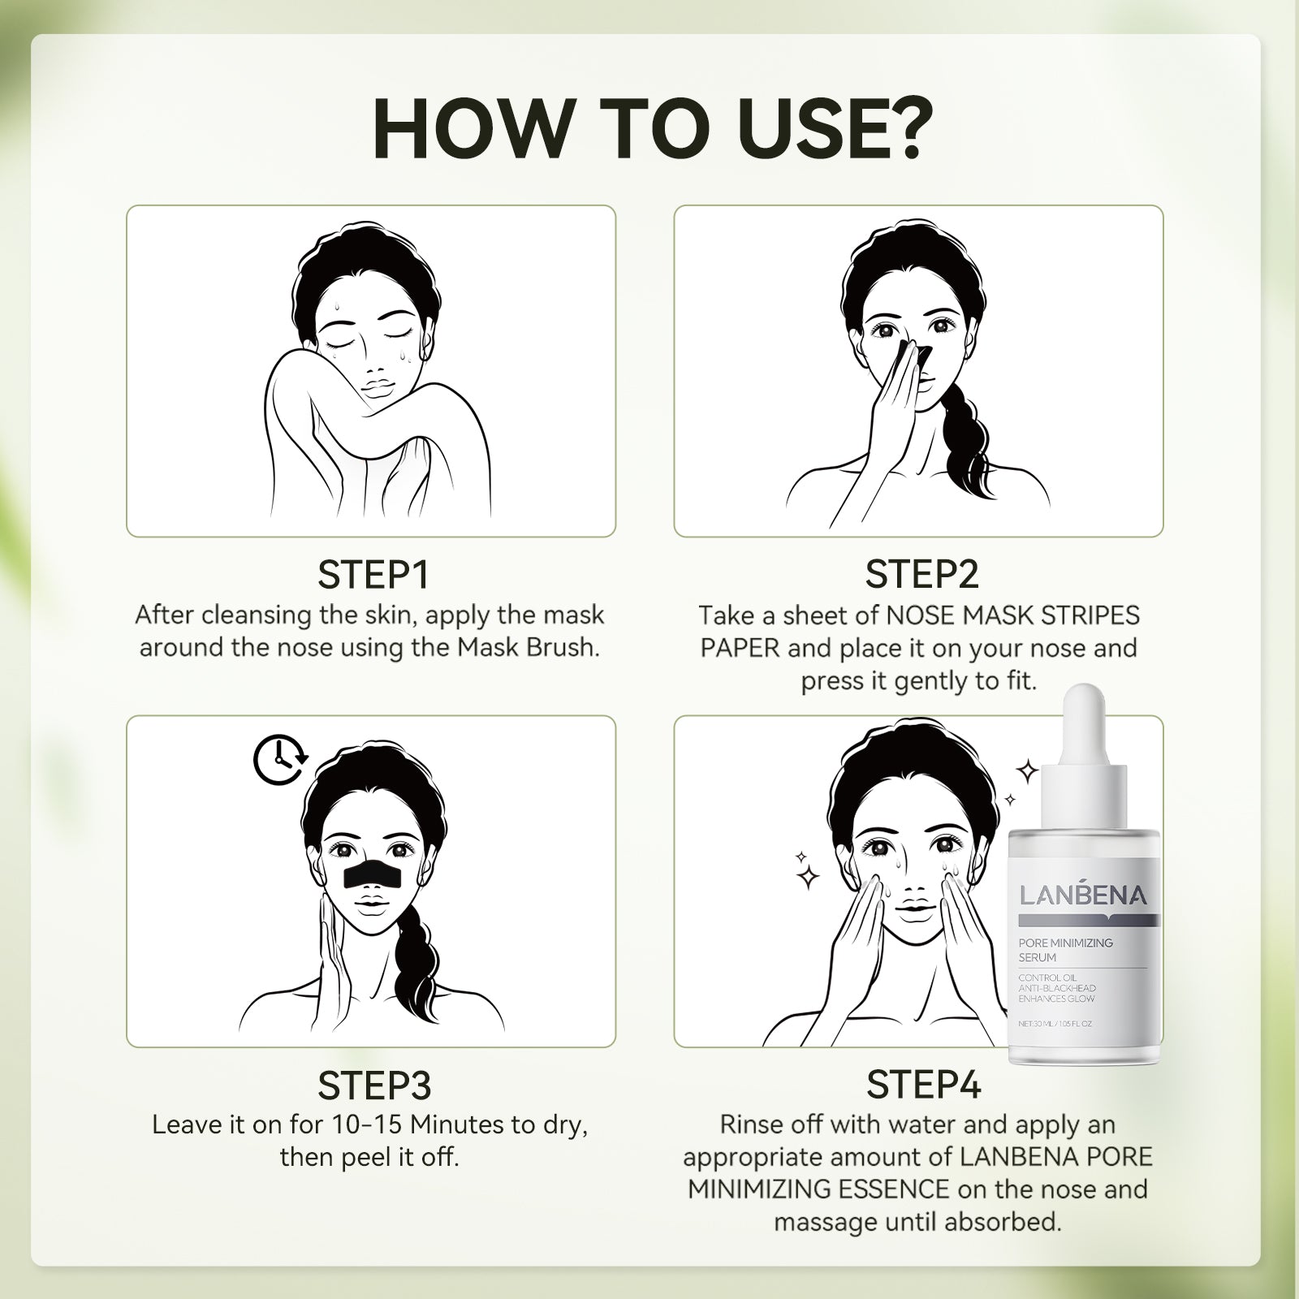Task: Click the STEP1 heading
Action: [x=373, y=575]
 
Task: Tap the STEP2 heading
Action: [x=922, y=575]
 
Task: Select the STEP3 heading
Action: [x=373, y=1085]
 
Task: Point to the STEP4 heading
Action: [x=924, y=1085]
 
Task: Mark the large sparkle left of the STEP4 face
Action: [x=808, y=877]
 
